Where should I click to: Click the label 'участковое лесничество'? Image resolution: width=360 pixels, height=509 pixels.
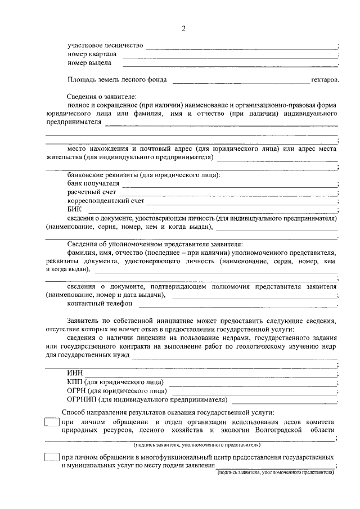tap(105, 46)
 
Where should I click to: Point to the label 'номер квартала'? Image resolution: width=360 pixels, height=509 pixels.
tap(92, 55)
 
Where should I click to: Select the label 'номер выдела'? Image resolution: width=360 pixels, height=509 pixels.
tap(88, 64)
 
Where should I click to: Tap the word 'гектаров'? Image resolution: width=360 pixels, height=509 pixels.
tap(325, 80)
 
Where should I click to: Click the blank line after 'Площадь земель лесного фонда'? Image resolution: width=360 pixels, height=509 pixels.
tap(240, 82)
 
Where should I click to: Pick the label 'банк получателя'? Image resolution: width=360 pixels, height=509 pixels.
tap(93, 183)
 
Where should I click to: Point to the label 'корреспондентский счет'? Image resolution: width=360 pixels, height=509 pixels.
tap(106, 201)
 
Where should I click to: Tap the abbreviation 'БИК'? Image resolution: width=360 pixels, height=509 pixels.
tap(74, 209)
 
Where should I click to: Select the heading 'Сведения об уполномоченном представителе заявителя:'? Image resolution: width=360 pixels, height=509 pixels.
tap(155, 245)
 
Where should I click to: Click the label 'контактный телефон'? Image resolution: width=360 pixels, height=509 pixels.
tap(100, 304)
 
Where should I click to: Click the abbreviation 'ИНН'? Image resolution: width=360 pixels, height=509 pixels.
tap(74, 373)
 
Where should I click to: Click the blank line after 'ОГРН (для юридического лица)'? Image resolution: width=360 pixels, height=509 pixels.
tap(253, 391)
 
